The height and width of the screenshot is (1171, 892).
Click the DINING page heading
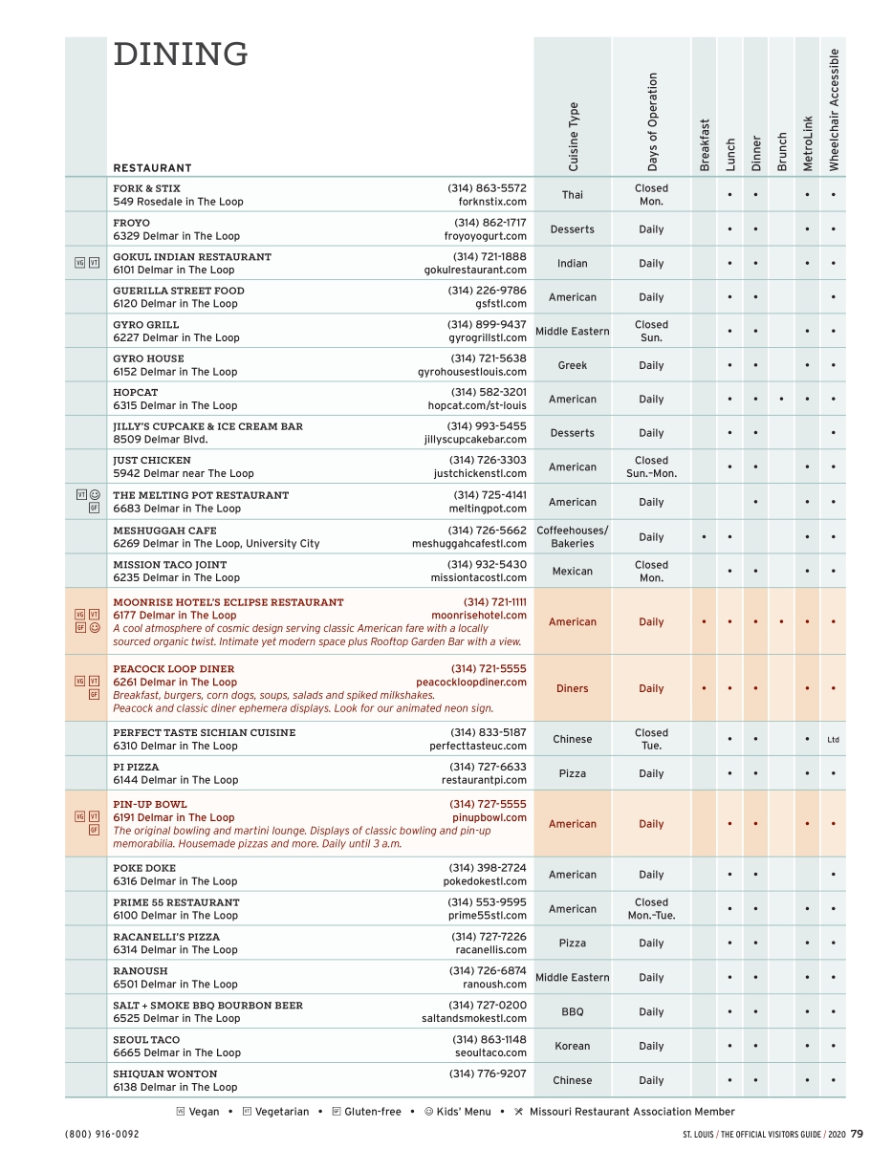pos(181,55)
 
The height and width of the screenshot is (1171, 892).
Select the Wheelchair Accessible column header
pos(834,109)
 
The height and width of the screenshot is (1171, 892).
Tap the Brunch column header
pos(782,151)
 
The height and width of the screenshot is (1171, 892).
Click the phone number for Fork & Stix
pos(487,188)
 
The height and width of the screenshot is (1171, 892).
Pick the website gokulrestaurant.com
pos(475,270)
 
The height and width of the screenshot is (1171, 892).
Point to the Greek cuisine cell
pos(572,365)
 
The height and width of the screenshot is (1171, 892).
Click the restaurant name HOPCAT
pos(136,392)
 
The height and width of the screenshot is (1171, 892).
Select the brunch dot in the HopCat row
pos(781,400)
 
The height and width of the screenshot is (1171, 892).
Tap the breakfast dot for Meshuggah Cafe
pos(704,537)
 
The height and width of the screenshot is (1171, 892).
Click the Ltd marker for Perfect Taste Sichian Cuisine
pos(833,740)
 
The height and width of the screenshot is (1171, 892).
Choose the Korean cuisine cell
pos(572,1046)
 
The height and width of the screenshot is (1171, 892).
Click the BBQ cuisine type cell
pos(572,1011)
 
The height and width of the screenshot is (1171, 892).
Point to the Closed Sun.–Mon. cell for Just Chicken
pos(651,467)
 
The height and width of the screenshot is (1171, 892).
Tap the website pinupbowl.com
pos(489,817)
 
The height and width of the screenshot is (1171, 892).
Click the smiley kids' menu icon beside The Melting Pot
pos(95,495)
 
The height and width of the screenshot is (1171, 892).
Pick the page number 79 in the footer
pos(856,1134)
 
